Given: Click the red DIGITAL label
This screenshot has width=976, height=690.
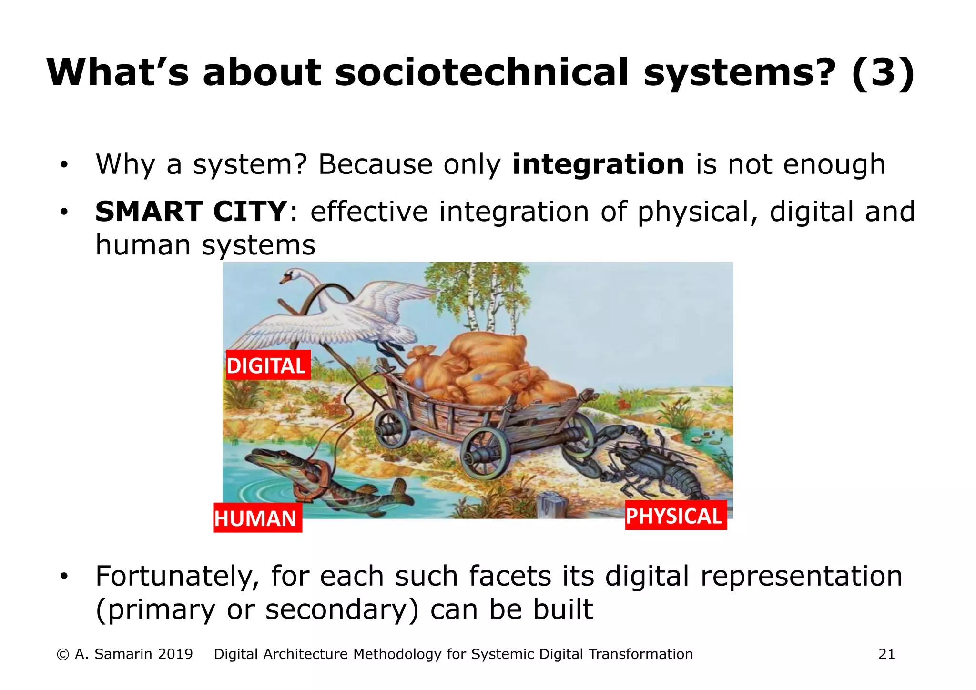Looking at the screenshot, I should tap(268, 365).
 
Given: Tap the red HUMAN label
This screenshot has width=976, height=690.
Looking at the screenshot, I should tap(257, 518).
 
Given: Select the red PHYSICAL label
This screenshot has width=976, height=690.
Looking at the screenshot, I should tap(675, 516).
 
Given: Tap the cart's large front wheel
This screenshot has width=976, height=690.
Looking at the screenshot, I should tap(486, 453).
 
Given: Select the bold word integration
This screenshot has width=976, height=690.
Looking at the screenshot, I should tap(598, 164).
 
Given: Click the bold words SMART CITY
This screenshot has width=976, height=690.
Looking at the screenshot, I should tap(191, 212).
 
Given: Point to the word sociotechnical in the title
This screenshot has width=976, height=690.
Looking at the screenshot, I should tap(481, 72).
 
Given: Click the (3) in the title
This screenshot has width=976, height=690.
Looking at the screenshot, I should tap(883, 72).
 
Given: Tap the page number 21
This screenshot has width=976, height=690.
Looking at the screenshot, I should tap(886, 654).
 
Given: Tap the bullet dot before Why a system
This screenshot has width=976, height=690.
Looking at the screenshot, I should tap(64, 165).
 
